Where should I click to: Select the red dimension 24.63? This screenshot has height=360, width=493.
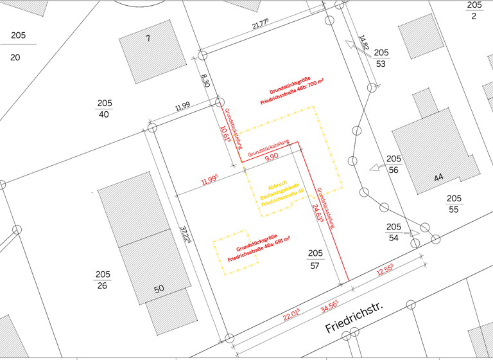pos(316,212)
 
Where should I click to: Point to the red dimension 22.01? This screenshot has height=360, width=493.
pos(292,314)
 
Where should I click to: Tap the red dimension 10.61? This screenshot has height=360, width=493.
pos(224,135)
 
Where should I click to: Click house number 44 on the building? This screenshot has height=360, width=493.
pos(438,178)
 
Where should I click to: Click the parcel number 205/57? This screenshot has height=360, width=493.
pos(315,259)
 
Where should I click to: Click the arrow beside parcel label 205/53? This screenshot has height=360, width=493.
pos(351,45)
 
